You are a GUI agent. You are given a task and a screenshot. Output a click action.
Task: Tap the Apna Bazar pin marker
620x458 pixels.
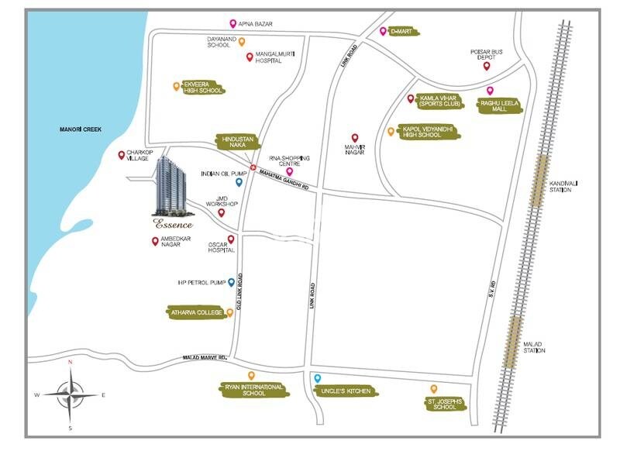pos(233,24)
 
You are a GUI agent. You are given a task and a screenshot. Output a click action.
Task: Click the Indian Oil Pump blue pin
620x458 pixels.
pos(239,183)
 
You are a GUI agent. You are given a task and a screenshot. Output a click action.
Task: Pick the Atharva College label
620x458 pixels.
pos(197,313)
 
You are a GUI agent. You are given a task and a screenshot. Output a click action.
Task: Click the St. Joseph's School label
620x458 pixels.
pos(445,403)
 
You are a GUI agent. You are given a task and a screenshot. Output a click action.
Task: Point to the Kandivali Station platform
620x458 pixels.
pos(539,180)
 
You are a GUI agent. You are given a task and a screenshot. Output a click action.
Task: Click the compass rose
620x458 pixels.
pos(71,394)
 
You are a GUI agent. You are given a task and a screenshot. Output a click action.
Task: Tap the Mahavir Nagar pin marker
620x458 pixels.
pos(355,137)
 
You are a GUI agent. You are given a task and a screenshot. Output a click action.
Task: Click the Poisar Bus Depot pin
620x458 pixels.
pos(487,66)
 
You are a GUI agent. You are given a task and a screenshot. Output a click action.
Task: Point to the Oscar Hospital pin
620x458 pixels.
pos(231,239)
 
